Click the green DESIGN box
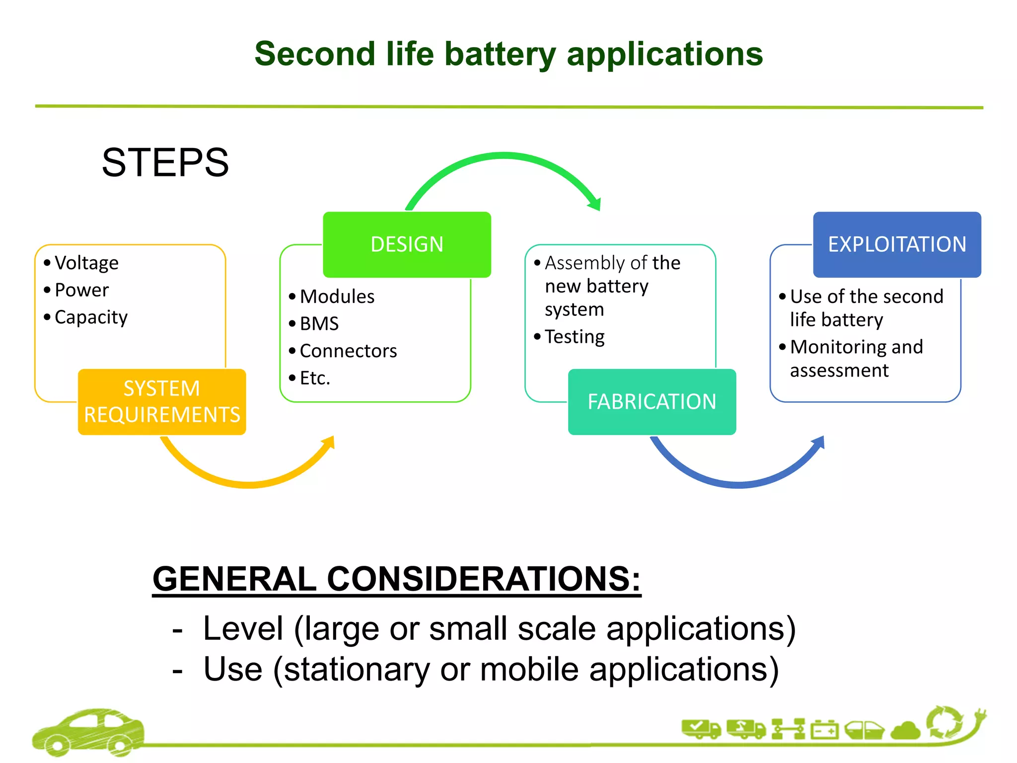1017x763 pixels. (x=407, y=244)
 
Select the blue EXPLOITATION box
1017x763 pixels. (x=897, y=244)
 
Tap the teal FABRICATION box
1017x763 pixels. (x=652, y=401)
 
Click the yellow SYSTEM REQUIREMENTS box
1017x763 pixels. (x=162, y=401)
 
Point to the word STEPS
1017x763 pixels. (x=165, y=162)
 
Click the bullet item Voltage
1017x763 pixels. (x=86, y=263)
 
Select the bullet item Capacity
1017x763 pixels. (x=91, y=317)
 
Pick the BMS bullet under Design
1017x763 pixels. (x=319, y=323)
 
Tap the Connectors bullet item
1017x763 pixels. (x=348, y=351)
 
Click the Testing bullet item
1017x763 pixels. (x=575, y=337)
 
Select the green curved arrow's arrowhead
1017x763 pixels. (x=595, y=203)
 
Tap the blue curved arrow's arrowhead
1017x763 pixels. (x=819, y=442)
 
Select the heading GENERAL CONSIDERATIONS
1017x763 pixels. (x=396, y=579)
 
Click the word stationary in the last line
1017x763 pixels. (x=357, y=669)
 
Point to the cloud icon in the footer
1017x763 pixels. (x=906, y=731)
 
